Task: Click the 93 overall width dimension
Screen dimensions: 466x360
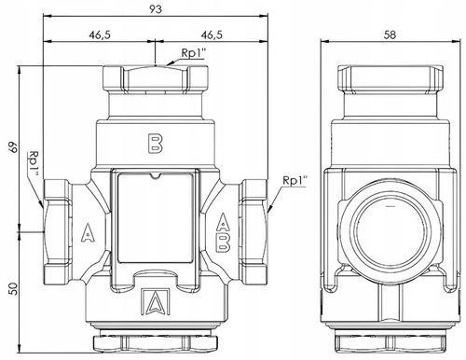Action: click(x=156, y=9)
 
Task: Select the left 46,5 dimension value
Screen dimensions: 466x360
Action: click(x=100, y=35)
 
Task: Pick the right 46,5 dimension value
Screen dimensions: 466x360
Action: click(x=212, y=35)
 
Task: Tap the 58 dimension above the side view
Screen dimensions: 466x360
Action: click(x=390, y=35)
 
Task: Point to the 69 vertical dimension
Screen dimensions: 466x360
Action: click(x=13, y=147)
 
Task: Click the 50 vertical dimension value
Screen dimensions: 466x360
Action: click(x=13, y=288)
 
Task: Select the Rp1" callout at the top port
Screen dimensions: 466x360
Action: click(x=194, y=53)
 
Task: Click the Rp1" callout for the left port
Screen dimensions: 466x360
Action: click(x=34, y=164)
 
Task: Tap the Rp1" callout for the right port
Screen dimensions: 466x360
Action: click(x=295, y=181)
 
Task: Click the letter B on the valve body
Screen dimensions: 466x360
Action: click(x=156, y=144)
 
